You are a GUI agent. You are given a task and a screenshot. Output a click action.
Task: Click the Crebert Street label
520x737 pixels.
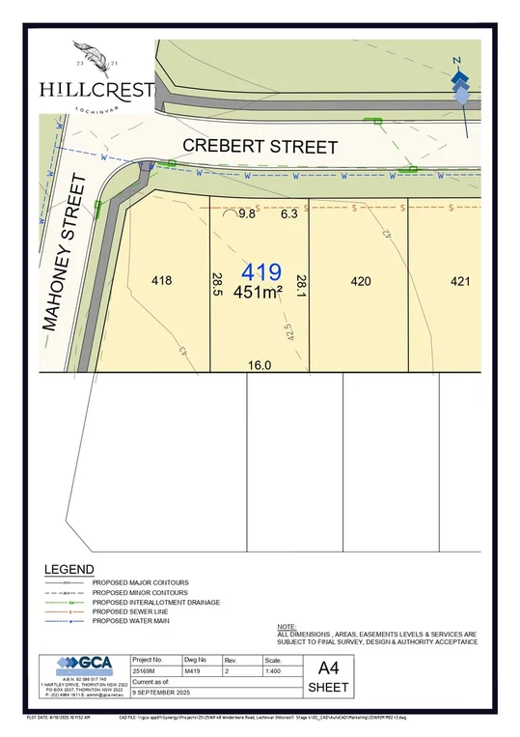coord(260,147)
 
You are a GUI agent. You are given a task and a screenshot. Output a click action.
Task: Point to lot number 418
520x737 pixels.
coord(161,281)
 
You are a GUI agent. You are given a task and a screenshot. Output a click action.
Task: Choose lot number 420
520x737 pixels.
coord(360,281)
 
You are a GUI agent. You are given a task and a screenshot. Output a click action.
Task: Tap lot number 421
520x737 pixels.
coord(460,281)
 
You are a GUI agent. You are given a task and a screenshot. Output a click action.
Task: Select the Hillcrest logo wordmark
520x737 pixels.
coord(96,89)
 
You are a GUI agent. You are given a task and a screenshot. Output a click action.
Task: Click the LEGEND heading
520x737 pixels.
coord(68,570)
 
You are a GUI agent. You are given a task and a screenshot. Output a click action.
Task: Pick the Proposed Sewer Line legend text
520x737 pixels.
coord(135,611)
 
